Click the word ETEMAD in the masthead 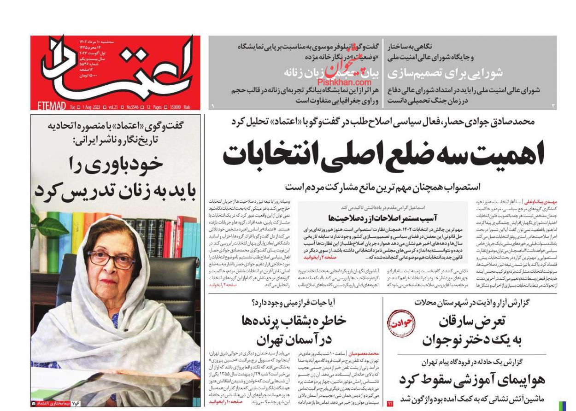tap(51, 106)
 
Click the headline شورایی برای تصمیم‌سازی tap(445, 73)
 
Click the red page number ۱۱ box tap(390, 404)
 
